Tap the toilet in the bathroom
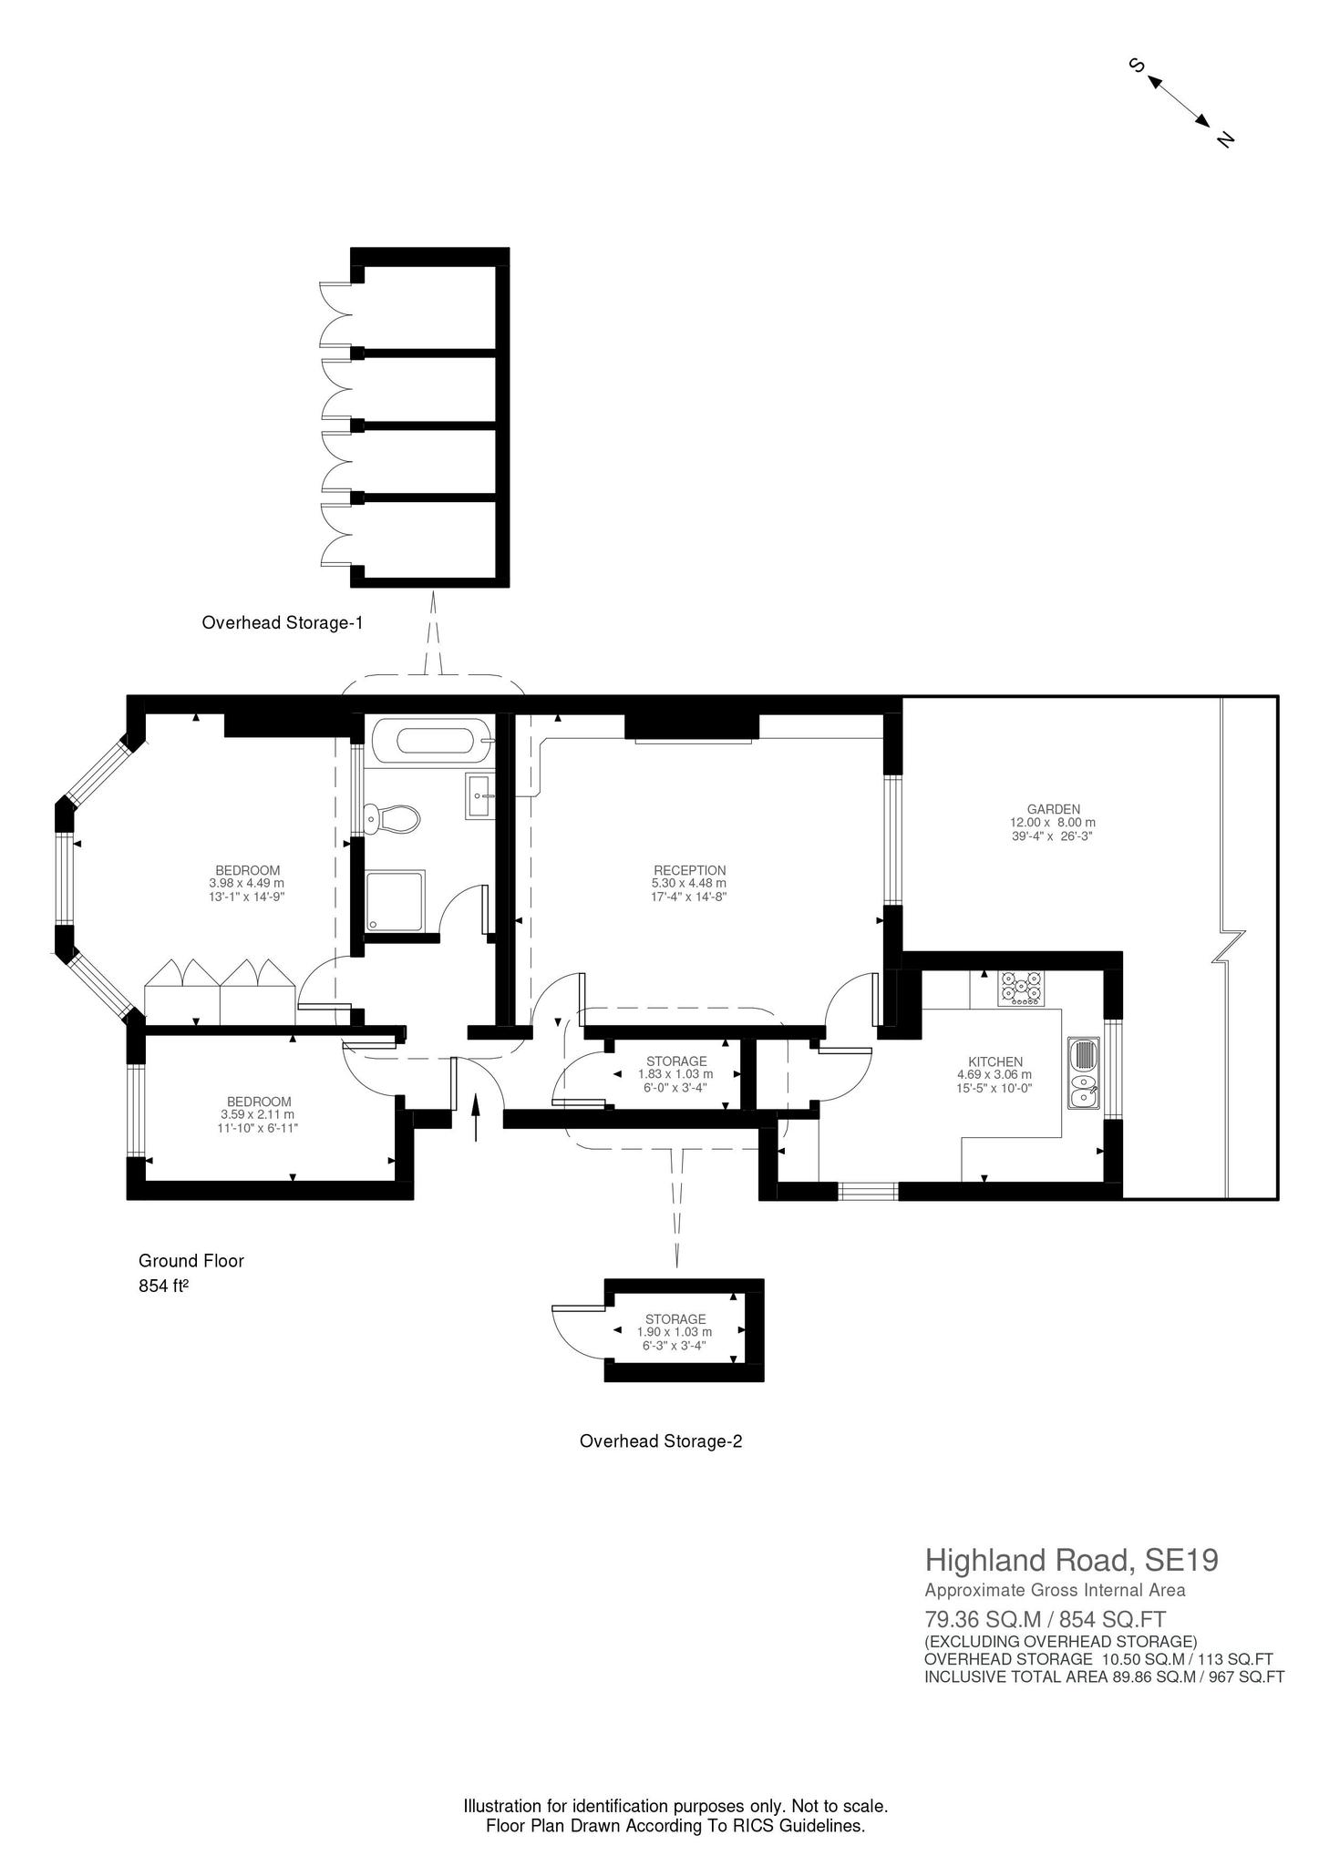point(391,818)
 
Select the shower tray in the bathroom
point(396,902)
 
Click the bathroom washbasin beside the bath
point(480,796)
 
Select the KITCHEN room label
point(995,1061)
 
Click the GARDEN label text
point(1054,808)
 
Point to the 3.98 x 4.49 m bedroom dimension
point(247,883)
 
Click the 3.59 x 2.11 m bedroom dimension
point(258,1114)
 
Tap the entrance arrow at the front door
point(476,1117)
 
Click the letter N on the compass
point(1225,139)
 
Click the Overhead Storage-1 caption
point(283,623)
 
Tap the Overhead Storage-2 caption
point(661,1441)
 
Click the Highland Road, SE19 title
point(1072,1561)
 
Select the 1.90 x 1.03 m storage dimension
point(675,1332)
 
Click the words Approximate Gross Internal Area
point(1056,1591)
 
